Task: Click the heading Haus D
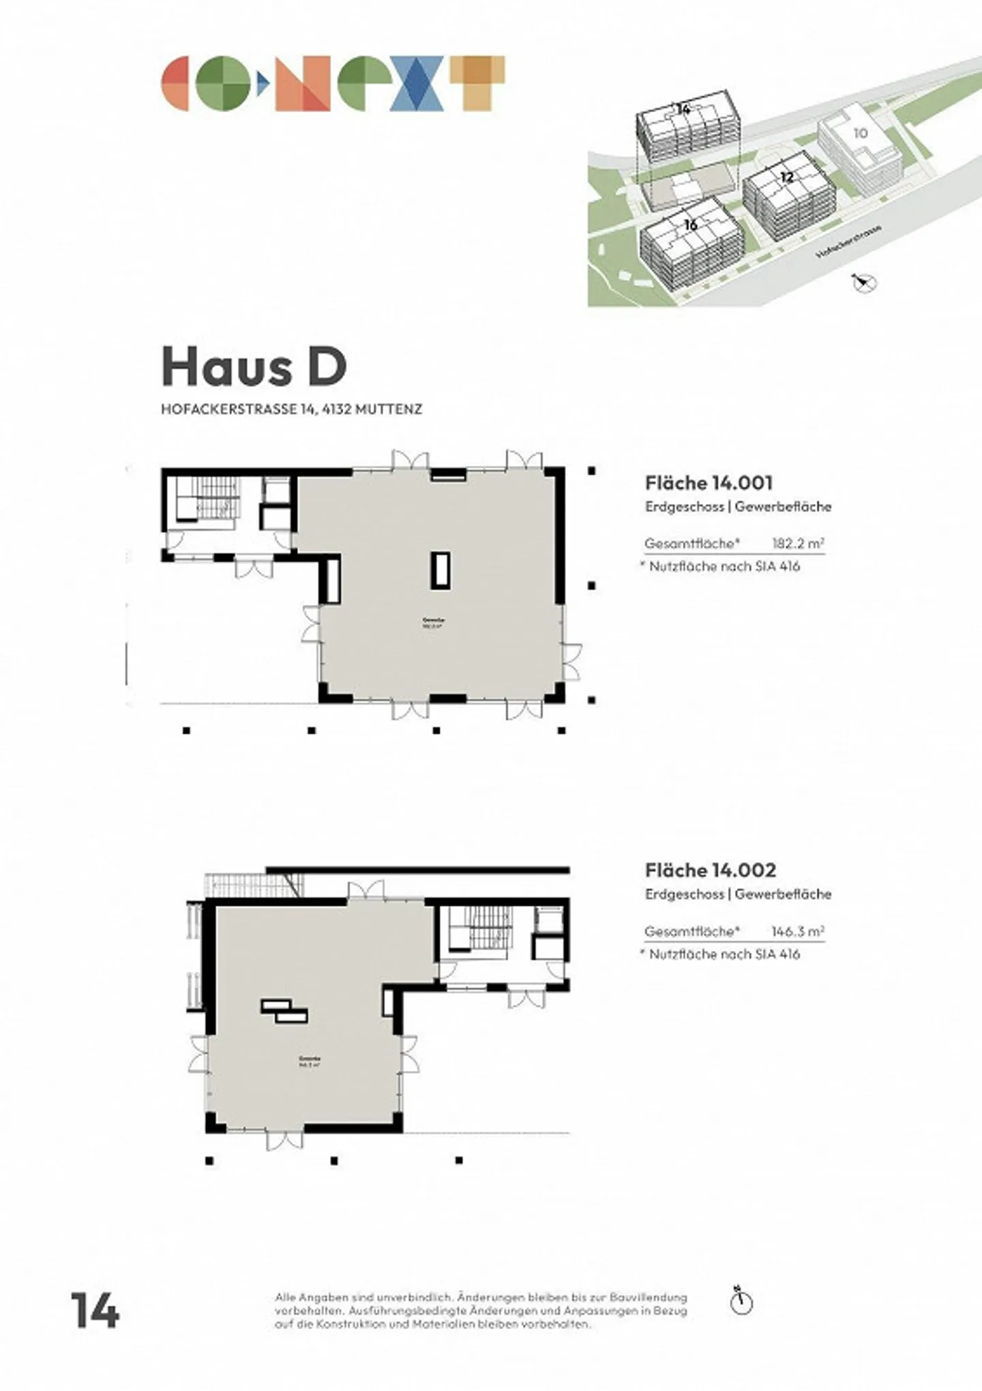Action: [x=254, y=368]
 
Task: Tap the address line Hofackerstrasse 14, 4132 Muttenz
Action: [x=291, y=409]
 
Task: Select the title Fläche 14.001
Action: [x=709, y=483]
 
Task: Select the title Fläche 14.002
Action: [x=710, y=870]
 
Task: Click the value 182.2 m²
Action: [x=797, y=544]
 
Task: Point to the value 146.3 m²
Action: [x=797, y=931]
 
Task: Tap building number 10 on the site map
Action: [x=861, y=133]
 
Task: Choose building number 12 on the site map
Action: [x=786, y=177]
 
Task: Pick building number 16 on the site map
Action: [x=690, y=224]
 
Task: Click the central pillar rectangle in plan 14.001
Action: [x=440, y=570]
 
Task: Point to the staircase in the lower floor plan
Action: [x=481, y=929]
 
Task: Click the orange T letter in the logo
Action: [x=481, y=83]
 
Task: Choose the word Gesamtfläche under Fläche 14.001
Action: [x=691, y=544]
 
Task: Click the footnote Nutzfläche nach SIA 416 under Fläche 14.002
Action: [x=724, y=954]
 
